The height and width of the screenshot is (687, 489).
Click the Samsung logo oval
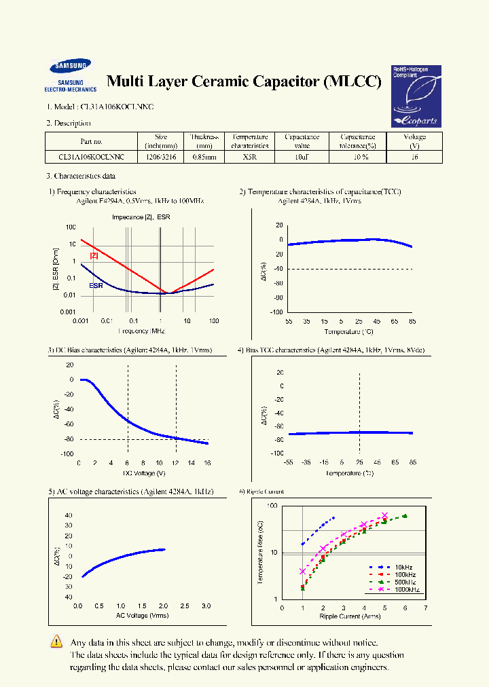tap(69, 67)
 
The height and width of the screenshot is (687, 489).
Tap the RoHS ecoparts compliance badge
tap(416, 96)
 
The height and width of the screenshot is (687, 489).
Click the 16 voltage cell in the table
tap(414, 157)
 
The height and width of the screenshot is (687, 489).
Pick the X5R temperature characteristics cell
tap(249, 157)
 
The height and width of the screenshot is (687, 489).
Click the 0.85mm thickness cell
tap(204, 157)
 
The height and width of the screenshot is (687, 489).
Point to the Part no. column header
tap(91, 141)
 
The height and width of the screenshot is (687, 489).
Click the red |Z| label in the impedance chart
tap(94, 255)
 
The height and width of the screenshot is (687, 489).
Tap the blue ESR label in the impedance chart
tap(96, 286)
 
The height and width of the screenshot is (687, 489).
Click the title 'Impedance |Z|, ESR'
tap(141, 217)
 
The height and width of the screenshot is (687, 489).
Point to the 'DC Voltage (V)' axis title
tap(143, 472)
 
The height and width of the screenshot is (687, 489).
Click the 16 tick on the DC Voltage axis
tap(207, 462)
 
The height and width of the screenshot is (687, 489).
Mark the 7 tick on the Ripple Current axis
tap(426, 608)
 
